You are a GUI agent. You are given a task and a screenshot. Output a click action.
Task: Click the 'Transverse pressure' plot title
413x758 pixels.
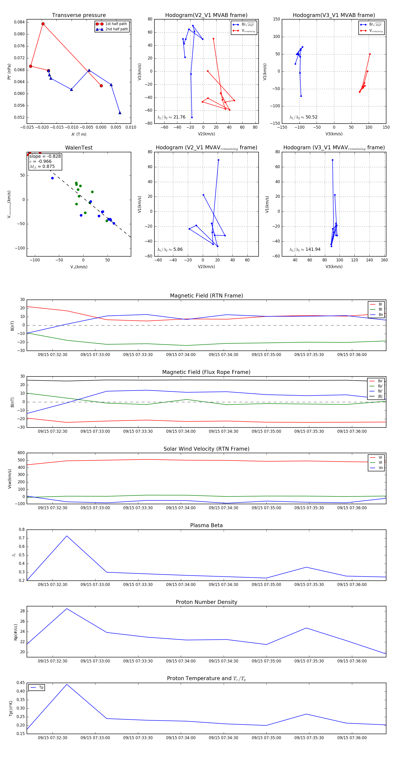[79, 15]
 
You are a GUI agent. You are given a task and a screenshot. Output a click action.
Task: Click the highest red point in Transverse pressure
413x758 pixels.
[43, 24]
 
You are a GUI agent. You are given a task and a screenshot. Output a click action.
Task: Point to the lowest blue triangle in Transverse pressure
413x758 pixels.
[120, 113]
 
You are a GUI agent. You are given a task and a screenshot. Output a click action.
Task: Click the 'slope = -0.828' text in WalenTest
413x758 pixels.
[45, 156]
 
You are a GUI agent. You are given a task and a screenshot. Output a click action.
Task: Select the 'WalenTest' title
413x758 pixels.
[79, 148]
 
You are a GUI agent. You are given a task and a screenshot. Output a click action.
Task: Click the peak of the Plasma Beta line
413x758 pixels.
[67, 536]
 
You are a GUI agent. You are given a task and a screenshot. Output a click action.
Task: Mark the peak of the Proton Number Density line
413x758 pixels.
[67, 608]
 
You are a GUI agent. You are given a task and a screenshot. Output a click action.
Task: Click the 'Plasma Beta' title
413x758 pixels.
[206, 525]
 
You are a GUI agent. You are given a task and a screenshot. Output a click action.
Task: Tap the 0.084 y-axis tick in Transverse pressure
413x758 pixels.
[19, 22]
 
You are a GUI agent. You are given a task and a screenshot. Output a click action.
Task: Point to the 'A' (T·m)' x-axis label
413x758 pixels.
[79, 134]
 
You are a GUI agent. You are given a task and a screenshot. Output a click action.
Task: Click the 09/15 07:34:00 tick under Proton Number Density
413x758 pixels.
[181, 661]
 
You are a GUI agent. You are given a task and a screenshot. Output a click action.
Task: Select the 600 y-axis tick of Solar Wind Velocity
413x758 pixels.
[21, 453]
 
